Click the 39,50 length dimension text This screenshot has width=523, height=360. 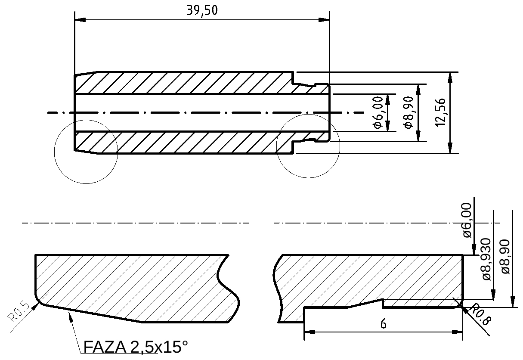[x=202, y=10]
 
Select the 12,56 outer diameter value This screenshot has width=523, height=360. [x=440, y=113]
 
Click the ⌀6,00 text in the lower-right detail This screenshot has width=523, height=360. [x=467, y=220]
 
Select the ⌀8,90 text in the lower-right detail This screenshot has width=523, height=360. [x=506, y=256]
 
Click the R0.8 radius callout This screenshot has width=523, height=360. [x=480, y=315]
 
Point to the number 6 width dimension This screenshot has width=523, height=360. [x=383, y=324]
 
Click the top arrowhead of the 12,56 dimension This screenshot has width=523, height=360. [x=450, y=77]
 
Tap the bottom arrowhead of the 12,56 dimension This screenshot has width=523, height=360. [x=450, y=149]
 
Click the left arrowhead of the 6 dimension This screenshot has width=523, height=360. [x=309, y=332]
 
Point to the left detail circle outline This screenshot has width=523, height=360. [x=55, y=152]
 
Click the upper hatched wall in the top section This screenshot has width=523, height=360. [x=181, y=83]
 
